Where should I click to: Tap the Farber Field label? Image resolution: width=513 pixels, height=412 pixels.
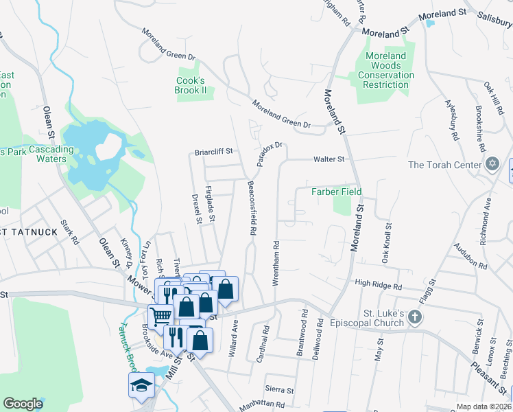[x=337, y=192]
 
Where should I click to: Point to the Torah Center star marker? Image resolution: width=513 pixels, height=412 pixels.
[x=491, y=165]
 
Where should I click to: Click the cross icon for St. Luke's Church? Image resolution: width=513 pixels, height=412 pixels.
[x=414, y=317]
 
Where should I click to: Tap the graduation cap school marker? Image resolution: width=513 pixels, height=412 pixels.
[x=141, y=385]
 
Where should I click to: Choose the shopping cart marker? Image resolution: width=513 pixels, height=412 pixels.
[x=160, y=317]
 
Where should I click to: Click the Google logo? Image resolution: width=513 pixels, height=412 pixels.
[x=23, y=404]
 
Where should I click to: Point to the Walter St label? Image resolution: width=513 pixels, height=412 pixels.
[x=328, y=159]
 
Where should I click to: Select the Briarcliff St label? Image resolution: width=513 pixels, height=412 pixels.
[x=214, y=152]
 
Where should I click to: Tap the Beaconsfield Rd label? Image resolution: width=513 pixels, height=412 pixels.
[x=252, y=209]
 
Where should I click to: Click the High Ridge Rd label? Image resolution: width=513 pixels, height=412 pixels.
[x=377, y=282]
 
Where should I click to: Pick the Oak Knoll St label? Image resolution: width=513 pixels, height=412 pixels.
[x=387, y=243]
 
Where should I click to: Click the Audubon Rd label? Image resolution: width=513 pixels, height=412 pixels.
[x=469, y=255]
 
